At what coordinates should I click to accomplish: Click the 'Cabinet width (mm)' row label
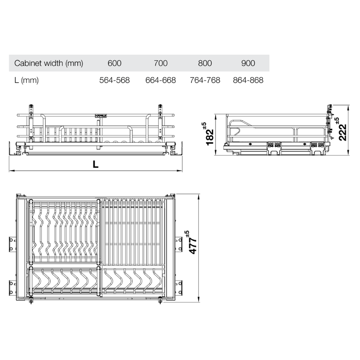49,63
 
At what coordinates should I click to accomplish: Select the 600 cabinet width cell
115,63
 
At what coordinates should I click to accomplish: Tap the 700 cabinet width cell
161,63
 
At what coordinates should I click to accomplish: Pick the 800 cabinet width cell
205,63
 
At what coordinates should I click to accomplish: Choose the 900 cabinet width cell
248,63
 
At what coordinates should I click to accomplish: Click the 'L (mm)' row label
26,80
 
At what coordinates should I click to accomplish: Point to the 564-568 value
115,80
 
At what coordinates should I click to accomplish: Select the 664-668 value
161,80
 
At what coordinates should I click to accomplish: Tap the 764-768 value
205,80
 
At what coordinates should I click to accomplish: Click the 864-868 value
248,80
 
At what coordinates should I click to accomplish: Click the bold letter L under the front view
95,164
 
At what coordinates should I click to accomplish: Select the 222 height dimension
343,132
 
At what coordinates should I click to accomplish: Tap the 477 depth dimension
193,245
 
